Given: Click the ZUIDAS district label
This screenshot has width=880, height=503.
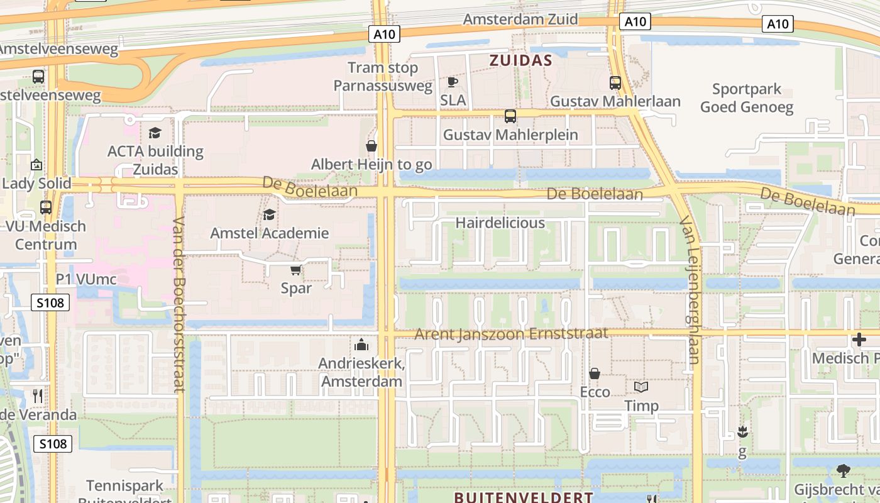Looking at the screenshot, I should tap(520, 60).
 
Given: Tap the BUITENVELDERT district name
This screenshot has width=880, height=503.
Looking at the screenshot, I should tap(523, 497).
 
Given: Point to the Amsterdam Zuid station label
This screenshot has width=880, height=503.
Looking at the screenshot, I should tap(520, 19).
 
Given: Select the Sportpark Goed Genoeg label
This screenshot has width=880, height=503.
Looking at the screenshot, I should tap(747, 98).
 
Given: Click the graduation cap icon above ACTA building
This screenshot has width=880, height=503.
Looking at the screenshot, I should tap(155, 133).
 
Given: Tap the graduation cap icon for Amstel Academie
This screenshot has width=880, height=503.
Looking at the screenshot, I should tap(269, 214).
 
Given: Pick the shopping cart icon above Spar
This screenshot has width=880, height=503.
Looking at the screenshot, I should tap(295, 270).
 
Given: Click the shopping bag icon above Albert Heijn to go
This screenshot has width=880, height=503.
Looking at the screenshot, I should tap(371, 146).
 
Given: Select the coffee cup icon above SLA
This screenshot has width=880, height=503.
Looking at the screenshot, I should tap(453, 82).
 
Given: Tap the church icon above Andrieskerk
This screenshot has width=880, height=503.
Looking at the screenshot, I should tap(361, 345).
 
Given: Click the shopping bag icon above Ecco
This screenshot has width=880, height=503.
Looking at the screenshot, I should tap(594, 373).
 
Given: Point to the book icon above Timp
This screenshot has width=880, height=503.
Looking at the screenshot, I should tap(641, 387).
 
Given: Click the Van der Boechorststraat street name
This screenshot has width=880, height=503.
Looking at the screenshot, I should tap(179, 304).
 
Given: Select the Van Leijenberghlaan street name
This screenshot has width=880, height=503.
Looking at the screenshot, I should tap(690, 292).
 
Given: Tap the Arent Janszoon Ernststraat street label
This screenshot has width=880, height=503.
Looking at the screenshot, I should tap(511, 333).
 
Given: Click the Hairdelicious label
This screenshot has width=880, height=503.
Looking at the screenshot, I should tap(500, 223).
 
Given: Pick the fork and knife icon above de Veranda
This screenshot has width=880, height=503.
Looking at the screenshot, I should tap(38, 395).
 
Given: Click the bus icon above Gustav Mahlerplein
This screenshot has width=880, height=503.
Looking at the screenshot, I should tap(510, 116).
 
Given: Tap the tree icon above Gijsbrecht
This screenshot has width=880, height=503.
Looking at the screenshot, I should tap(844, 470).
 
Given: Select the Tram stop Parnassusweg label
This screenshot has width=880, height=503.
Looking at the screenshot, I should tap(383, 77).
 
